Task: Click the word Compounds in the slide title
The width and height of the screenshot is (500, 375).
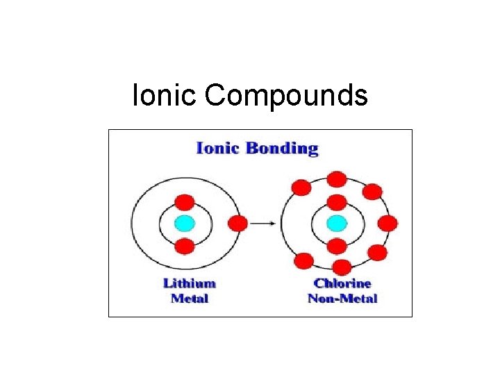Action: pos(286,95)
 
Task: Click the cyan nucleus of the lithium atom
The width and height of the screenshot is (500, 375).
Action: pos(185,224)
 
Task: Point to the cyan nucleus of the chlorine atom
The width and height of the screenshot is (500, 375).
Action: pos(337,224)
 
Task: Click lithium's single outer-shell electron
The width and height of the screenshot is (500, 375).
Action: pos(237,224)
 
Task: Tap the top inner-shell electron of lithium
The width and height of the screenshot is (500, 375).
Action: pos(185,202)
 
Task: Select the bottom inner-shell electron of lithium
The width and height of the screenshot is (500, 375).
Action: pos(185,246)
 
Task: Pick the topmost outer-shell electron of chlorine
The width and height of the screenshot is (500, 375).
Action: pos(337,179)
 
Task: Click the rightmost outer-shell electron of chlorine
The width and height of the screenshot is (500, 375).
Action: pos(387,224)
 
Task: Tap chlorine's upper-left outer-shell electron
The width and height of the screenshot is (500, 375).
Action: pos(302,187)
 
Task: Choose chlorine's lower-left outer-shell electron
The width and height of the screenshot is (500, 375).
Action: pos(303,261)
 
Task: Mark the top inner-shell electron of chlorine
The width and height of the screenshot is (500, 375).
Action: pos(337,203)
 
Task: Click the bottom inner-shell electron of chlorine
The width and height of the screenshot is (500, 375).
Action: pos(337,246)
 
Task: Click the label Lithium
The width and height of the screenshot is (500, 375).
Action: pos(190,283)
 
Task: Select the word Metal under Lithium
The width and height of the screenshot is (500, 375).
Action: pos(190,299)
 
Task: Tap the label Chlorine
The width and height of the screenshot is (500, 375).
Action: pos(342,283)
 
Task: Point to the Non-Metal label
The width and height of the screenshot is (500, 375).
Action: pos(342,299)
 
